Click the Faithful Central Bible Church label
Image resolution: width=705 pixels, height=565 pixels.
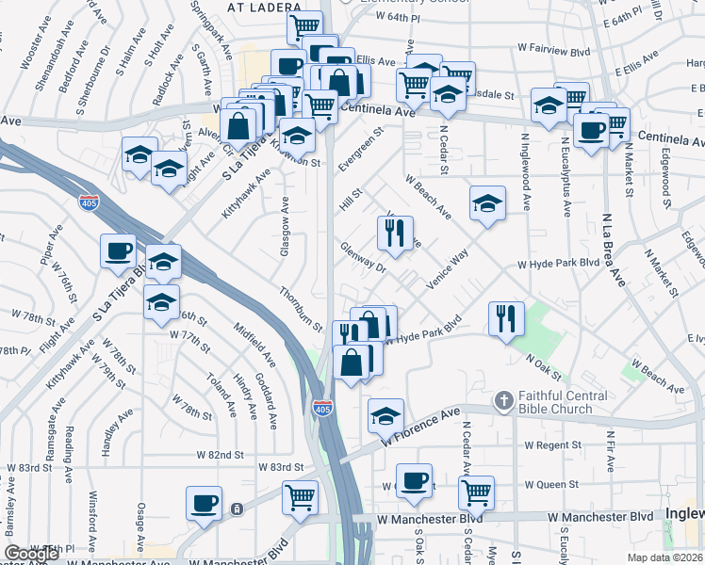point(554,403)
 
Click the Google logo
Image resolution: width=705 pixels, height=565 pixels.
point(31,554)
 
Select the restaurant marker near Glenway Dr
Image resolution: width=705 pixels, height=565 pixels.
point(395,233)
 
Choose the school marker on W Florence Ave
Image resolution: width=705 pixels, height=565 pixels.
point(385,415)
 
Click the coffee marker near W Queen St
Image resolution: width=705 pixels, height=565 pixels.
point(413,481)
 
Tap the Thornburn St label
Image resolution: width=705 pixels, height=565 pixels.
point(301,308)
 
